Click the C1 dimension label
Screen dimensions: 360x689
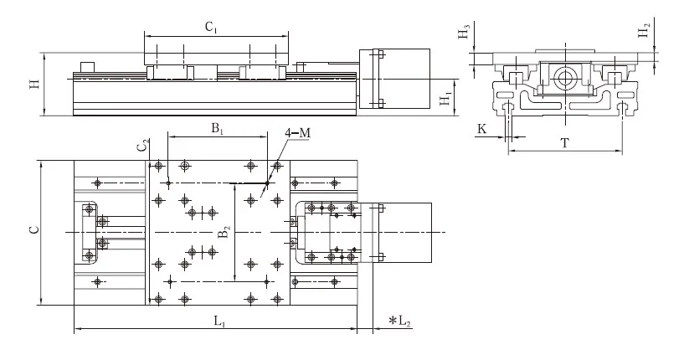pyautogui.click(x=212, y=26)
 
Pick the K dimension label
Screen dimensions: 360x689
pyautogui.click(x=481, y=128)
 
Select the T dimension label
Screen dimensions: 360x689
pyautogui.click(x=565, y=143)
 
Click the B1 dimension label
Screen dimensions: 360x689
pyautogui.click(x=216, y=128)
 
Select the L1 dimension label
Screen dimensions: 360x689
pyautogui.click(x=219, y=320)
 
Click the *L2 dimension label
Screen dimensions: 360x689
pyautogui.click(x=399, y=321)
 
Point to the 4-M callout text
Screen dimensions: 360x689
pyautogui.click(x=297, y=134)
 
